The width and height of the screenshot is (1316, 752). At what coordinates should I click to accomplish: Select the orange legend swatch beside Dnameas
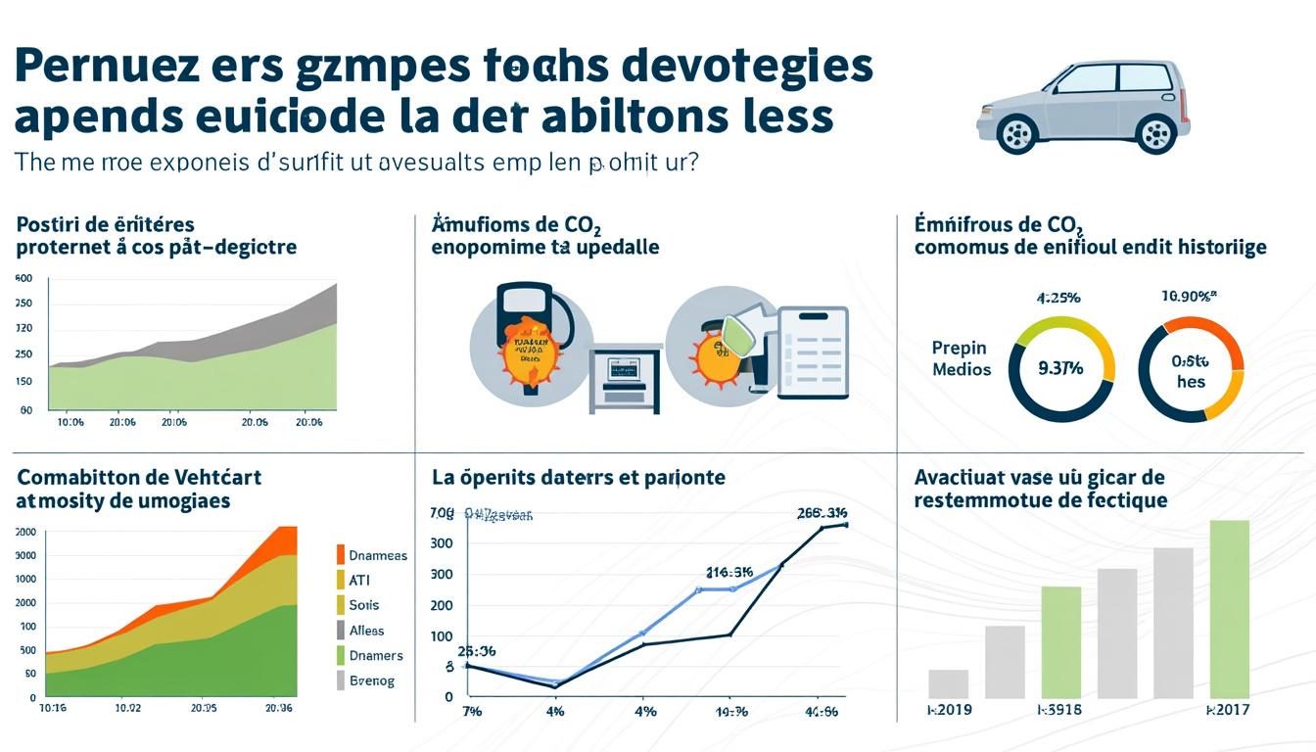341,555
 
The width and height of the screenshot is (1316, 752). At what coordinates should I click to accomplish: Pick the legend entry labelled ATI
361,580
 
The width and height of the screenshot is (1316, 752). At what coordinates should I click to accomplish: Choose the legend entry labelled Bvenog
371,681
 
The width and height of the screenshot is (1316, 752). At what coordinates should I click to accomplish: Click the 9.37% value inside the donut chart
1060,369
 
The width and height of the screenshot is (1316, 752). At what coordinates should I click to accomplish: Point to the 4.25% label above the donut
1057,297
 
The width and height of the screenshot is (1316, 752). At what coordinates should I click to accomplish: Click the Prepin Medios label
961,358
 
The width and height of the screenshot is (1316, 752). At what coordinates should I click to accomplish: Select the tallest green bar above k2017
1229,609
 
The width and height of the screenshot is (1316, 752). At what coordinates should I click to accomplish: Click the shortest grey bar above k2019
948,683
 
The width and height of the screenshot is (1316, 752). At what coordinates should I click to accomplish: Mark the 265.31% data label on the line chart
822,512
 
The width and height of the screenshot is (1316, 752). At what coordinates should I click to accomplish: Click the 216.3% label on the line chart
729,573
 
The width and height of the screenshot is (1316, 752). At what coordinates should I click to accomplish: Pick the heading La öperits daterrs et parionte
578,478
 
